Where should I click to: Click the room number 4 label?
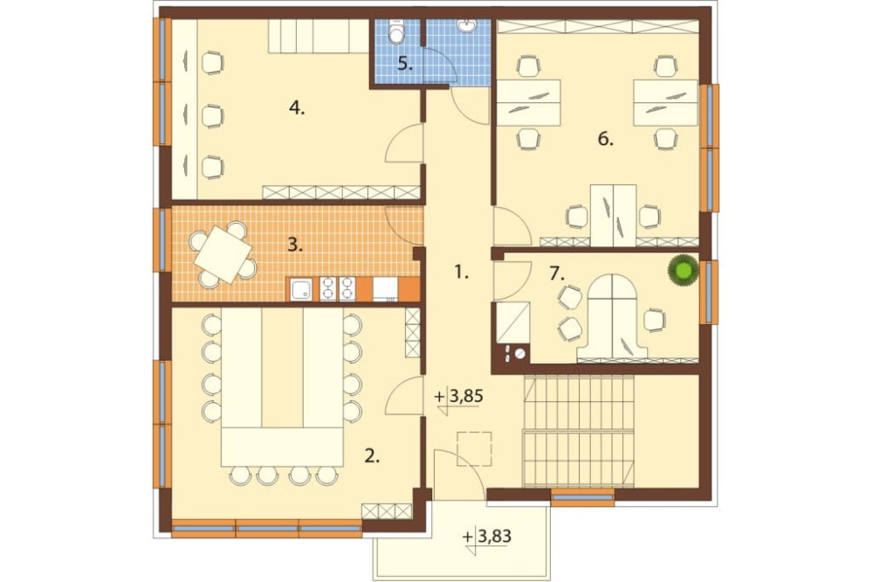click(297, 108)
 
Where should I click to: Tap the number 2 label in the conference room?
click(372, 456)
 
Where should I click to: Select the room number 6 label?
click(605, 139)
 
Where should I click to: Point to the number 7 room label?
click(557, 274)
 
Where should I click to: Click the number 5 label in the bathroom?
click(405, 64)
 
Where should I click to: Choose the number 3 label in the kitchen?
click(295, 245)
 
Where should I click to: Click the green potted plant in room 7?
click(684, 270)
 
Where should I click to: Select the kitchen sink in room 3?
click(302, 289)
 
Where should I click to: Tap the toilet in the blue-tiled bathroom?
click(396, 31)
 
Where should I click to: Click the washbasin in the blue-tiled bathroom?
click(465, 25)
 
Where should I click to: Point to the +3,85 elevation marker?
click(458, 397)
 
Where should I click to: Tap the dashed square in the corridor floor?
click(474, 449)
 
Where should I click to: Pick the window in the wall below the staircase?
click(582, 496)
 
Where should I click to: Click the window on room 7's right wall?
click(708, 292)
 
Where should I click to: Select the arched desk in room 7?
click(611, 317)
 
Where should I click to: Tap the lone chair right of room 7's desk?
click(655, 320)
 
